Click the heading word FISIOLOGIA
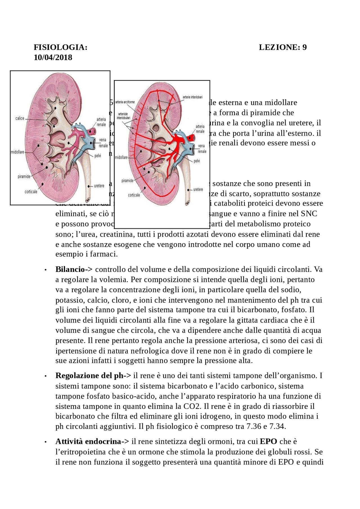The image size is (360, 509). [60, 47]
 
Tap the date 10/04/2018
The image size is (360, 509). [53, 57]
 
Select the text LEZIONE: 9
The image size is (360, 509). [283, 47]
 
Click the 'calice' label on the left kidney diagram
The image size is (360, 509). [20, 118]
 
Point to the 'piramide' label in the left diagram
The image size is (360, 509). [24, 177]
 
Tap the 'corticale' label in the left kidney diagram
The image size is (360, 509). [31, 192]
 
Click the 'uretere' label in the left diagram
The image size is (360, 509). [99, 186]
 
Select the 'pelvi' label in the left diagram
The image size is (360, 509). [98, 156]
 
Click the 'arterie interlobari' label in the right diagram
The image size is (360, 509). [192, 97]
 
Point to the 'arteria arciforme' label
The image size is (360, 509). [125, 102]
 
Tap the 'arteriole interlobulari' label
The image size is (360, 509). [123, 116]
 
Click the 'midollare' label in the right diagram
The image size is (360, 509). [121, 157]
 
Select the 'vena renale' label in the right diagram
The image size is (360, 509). [202, 149]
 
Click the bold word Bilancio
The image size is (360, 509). [70, 269]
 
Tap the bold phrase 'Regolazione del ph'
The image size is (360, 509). [89, 375]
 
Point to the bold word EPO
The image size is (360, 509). [268, 441]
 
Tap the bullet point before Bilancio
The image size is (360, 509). [45, 270]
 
